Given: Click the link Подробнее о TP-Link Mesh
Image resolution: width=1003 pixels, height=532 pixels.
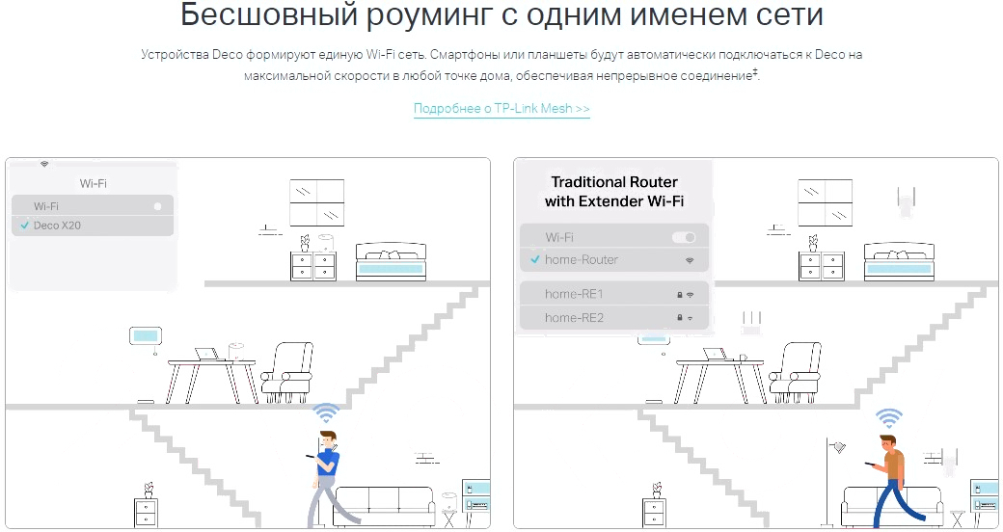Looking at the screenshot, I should [501, 109].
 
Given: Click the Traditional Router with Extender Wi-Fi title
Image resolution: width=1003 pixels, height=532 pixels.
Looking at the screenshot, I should [613, 191].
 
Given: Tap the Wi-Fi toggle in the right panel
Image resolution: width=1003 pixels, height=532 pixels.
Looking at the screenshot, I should [683, 237].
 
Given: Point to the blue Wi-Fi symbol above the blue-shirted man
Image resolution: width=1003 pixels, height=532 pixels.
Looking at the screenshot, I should [327, 413].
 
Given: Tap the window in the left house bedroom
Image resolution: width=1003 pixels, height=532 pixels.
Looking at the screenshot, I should [317, 202].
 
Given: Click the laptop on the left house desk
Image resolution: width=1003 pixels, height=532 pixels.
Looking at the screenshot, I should [206, 355].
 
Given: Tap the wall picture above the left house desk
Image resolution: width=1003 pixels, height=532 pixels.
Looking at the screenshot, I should [145, 337].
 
